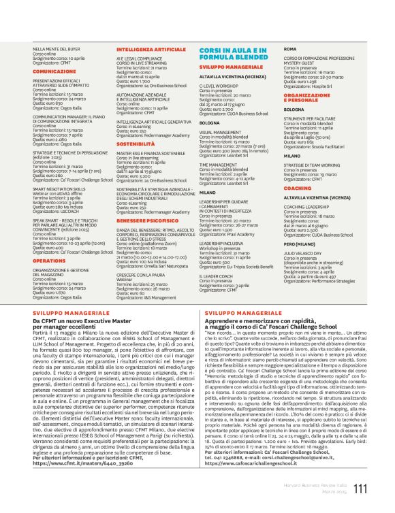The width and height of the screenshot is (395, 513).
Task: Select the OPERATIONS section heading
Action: [49, 260]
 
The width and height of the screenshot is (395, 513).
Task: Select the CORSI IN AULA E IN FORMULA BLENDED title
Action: [235, 55]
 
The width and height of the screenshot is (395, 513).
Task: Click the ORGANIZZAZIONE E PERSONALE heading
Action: [306, 99]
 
